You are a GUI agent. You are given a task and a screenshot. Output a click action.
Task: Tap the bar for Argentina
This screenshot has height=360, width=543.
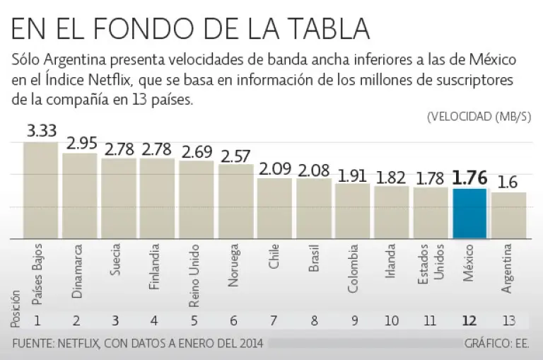[508, 216]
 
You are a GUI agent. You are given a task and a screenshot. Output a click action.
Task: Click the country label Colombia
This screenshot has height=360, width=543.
[351, 269]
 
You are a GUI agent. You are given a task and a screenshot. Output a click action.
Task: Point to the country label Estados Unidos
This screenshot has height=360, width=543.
[430, 265]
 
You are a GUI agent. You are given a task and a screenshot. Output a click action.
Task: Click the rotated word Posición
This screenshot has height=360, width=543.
[16, 308]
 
